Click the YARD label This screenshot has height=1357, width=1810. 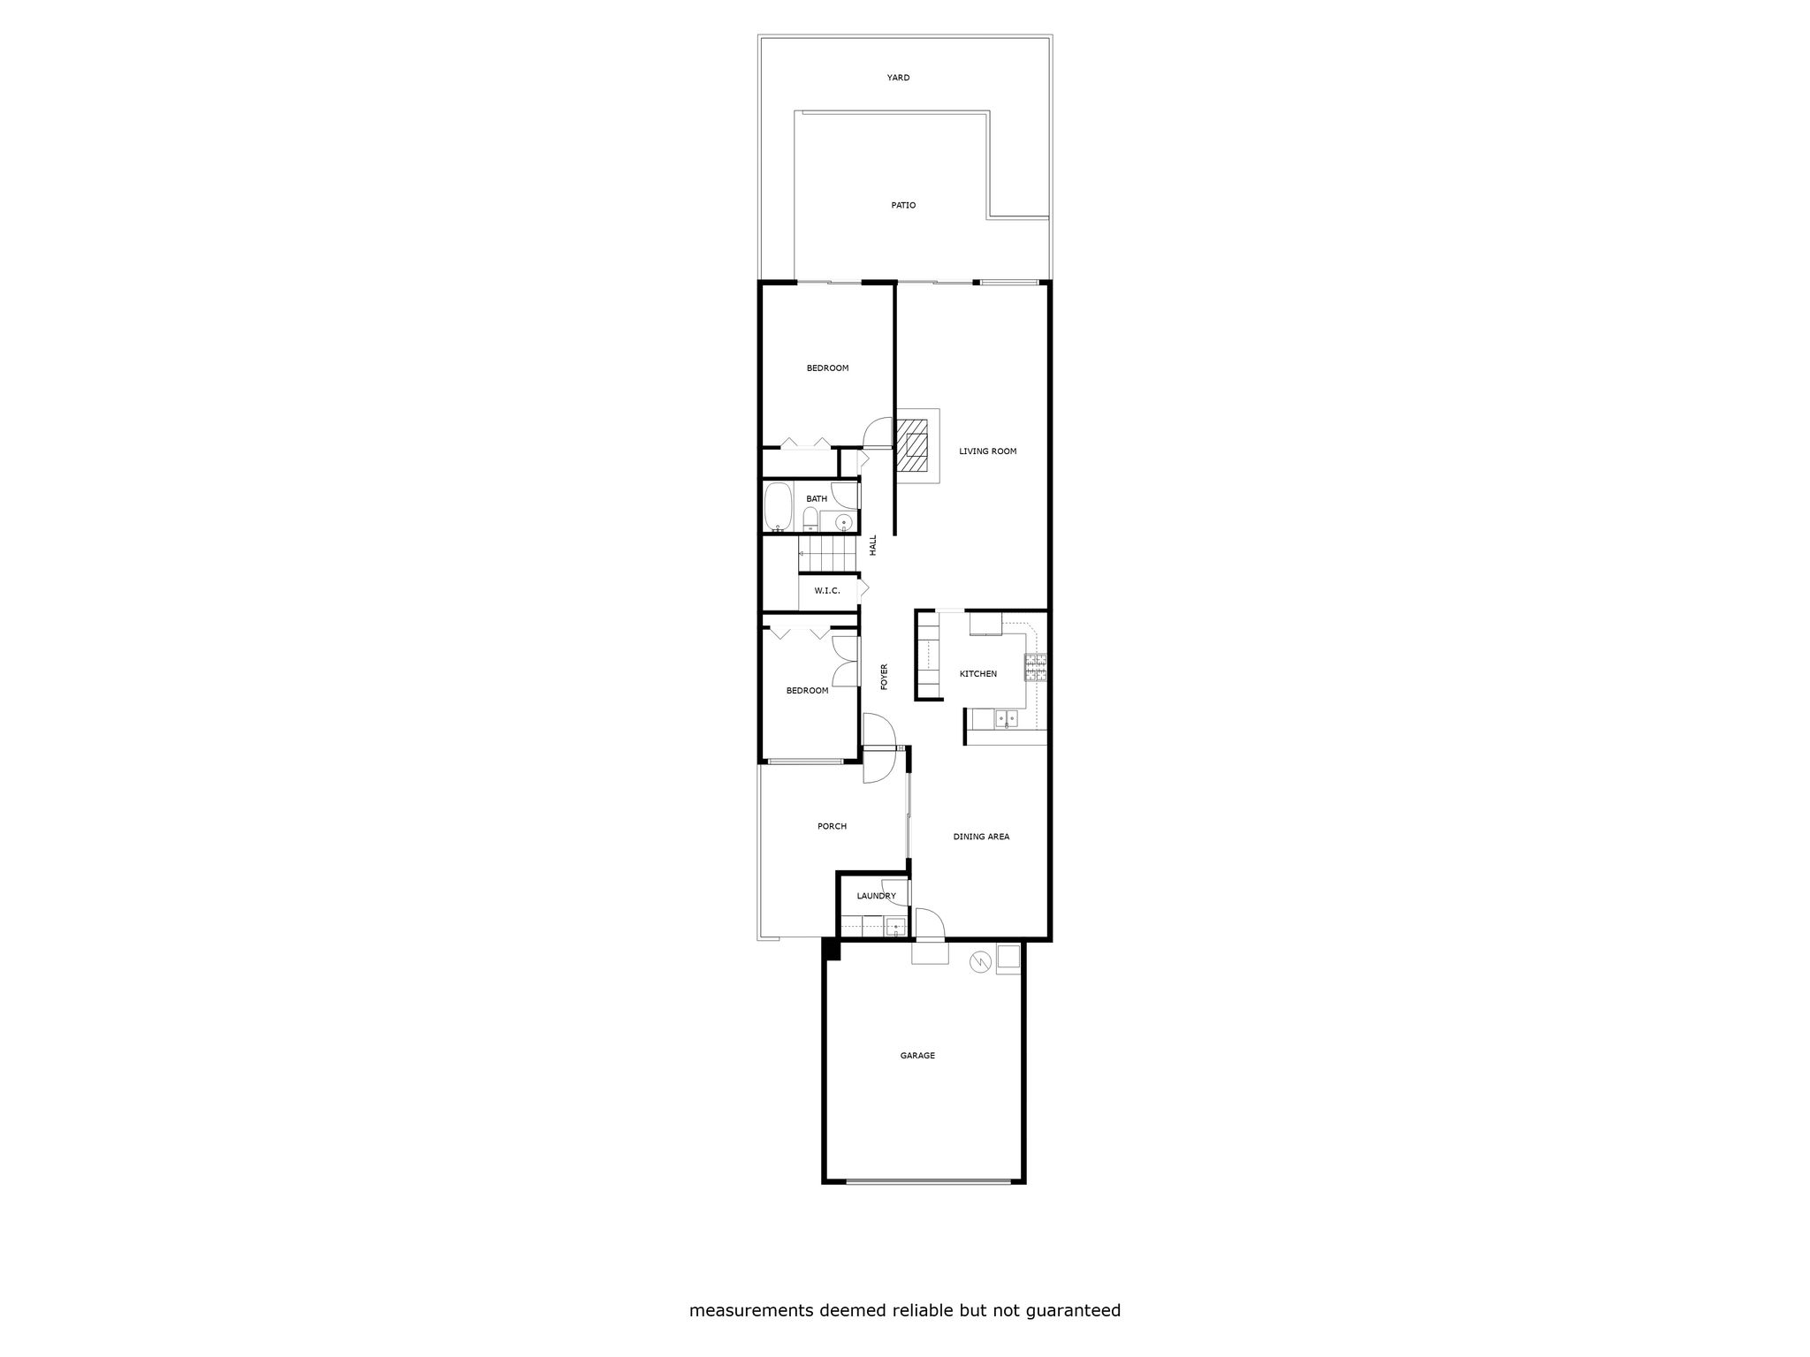pyautogui.click(x=898, y=78)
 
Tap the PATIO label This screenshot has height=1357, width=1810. pyautogui.click(x=903, y=205)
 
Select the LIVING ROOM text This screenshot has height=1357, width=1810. pyautogui.click(x=988, y=451)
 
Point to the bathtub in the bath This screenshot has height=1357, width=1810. pyautogui.click(x=778, y=507)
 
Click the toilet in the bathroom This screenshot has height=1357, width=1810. pyautogui.click(x=810, y=519)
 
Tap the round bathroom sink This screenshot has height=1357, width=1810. pyautogui.click(x=843, y=522)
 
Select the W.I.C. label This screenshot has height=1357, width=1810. pyautogui.click(x=827, y=590)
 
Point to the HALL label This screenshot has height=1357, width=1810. pyautogui.click(x=873, y=545)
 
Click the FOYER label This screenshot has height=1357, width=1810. pyautogui.click(x=884, y=677)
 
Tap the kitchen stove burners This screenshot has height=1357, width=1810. pyautogui.click(x=1035, y=667)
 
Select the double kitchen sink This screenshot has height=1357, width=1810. pyautogui.click(x=1006, y=719)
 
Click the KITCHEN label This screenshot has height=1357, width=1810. pyautogui.click(x=978, y=674)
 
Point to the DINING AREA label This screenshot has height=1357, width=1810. pyautogui.click(x=981, y=837)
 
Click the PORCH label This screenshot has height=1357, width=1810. pyautogui.click(x=832, y=827)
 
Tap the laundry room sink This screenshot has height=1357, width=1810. pyautogui.click(x=894, y=927)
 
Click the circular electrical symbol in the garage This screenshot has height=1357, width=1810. pyautogui.click(x=979, y=960)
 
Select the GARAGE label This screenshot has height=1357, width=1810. pyautogui.click(x=917, y=1056)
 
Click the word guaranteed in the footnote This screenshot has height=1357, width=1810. pyautogui.click(x=1073, y=1311)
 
